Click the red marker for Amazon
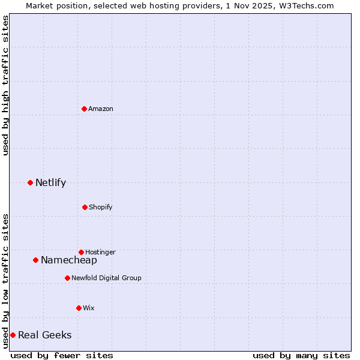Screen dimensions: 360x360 pos(84,109)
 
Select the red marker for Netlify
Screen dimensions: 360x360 pos(30,182)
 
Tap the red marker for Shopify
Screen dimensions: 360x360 pos(85,207)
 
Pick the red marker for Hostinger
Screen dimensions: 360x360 pos(81,252)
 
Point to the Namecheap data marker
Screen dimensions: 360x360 pos(35,260)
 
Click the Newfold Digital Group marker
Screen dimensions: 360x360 pos(67,278)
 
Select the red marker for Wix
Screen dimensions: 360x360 pos(79,308)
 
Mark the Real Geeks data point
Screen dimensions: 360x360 pos(13,335)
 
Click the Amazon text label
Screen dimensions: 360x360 pos(101,109)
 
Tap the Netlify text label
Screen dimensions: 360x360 pos(50,182)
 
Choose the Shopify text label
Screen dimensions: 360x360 pos(101,207)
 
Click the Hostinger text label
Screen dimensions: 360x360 pos(100,252)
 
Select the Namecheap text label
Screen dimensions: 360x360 pos(69,260)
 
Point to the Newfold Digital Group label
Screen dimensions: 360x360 pos(106,278)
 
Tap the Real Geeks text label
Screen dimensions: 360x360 pos(45,335)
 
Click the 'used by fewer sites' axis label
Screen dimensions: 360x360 pos(62,355)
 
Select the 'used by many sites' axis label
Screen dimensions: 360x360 pos(301,355)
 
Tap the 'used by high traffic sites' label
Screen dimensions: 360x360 pos(5,85)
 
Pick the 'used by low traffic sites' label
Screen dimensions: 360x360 pos(5,281)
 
